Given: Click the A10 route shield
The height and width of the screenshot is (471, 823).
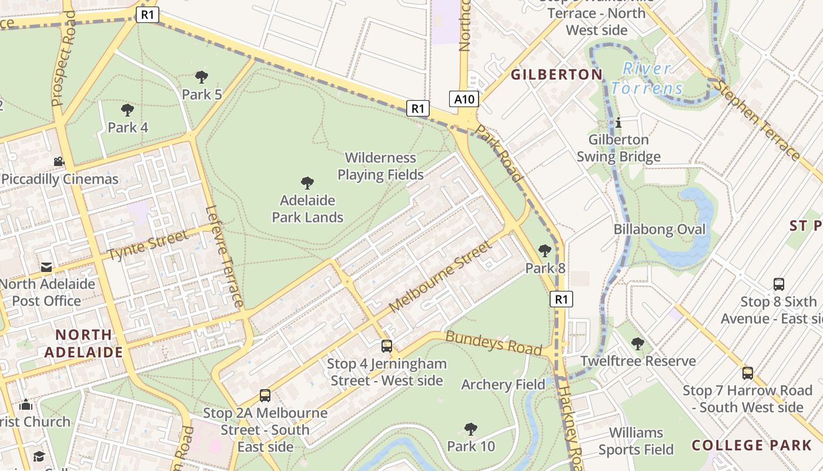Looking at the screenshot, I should (x=464, y=99).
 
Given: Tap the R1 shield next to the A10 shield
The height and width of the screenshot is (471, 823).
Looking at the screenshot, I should (x=417, y=108).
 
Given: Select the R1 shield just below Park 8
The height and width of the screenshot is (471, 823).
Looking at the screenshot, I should (x=561, y=299).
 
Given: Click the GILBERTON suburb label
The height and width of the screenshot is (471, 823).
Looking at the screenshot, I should (x=556, y=75).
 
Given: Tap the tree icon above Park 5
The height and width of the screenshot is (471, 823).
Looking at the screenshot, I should (x=201, y=77).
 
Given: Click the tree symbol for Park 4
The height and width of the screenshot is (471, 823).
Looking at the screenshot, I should (x=127, y=110).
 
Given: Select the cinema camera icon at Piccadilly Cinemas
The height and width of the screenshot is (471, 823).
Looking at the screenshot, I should (x=59, y=161).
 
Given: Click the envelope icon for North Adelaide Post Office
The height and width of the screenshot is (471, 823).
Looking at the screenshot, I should (x=46, y=267).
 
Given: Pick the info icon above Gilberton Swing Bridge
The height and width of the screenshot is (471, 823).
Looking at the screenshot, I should (x=618, y=122).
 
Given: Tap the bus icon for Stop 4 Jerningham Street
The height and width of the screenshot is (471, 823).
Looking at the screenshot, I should (x=386, y=346).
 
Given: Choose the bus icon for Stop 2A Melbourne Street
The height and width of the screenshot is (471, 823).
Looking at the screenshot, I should (x=265, y=395).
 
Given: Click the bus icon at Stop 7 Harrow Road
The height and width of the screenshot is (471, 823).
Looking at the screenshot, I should (x=747, y=373).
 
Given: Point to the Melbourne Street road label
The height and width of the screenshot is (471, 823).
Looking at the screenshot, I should (x=439, y=276).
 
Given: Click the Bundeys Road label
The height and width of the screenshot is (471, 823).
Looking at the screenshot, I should (x=493, y=343).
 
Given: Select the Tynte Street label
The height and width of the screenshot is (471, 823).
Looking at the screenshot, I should (x=148, y=246).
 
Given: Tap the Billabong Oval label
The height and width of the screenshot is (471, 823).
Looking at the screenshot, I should (x=660, y=229).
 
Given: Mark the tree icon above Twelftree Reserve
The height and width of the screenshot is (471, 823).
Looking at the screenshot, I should (x=637, y=343).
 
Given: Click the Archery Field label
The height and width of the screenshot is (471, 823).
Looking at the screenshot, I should (x=503, y=384).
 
